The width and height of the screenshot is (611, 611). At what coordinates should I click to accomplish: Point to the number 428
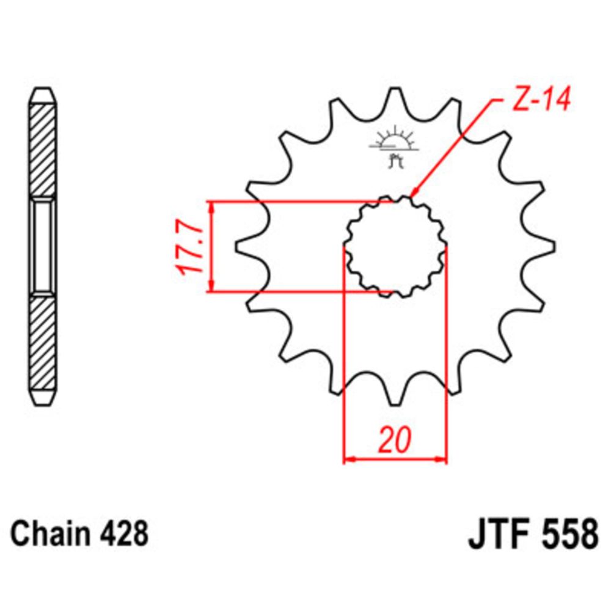point(125,533)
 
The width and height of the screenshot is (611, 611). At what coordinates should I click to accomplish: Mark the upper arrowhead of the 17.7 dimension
point(211,207)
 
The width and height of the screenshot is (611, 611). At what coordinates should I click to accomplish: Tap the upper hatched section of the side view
point(43,150)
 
